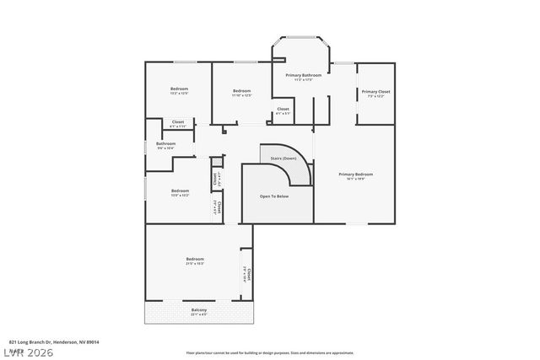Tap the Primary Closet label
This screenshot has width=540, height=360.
[375, 91]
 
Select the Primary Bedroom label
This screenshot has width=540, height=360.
[355, 174]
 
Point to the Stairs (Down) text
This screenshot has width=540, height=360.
[283, 158]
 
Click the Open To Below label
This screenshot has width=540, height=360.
[274, 196]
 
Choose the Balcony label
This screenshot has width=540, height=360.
[199, 309]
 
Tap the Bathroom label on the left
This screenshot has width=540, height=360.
[166, 143]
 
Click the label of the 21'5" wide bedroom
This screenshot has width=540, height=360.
[195, 259]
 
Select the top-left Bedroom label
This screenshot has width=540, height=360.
[179, 89]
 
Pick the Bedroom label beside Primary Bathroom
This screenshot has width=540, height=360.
[242, 90]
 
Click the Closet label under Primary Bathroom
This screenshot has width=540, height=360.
[283, 108]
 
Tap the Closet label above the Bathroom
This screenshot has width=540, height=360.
[178, 122]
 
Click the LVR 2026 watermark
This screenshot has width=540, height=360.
[27, 351]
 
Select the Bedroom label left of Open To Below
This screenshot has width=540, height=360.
[179, 190]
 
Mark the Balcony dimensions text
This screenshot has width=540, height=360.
[199, 314]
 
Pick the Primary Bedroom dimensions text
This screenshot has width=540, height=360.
[355, 179]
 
